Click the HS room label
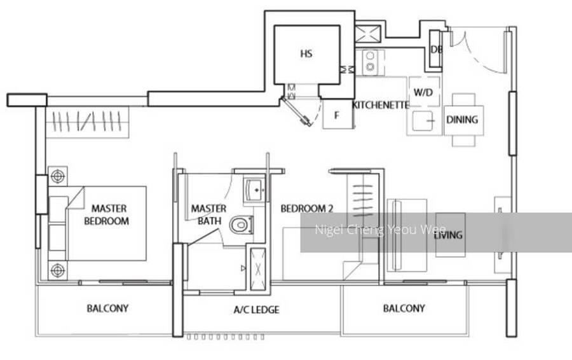click(x=306, y=53)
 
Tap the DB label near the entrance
click(x=436, y=49)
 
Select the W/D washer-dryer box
click(x=423, y=92)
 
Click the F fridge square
click(x=337, y=114)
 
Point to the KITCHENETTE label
click(x=381, y=105)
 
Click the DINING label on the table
click(x=462, y=120)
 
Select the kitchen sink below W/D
click(x=423, y=120)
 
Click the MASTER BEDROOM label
click(x=106, y=215)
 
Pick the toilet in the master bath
click(x=241, y=225)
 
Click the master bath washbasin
click(x=255, y=190)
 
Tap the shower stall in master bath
click(x=257, y=269)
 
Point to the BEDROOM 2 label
click(x=307, y=209)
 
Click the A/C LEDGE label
click(x=257, y=310)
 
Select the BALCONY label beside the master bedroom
click(x=107, y=308)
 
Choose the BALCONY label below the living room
click(x=404, y=308)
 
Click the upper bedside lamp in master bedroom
click(x=58, y=176)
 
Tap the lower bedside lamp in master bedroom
click(x=58, y=270)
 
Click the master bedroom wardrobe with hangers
click(x=88, y=122)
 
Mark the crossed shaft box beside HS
click(x=368, y=34)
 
